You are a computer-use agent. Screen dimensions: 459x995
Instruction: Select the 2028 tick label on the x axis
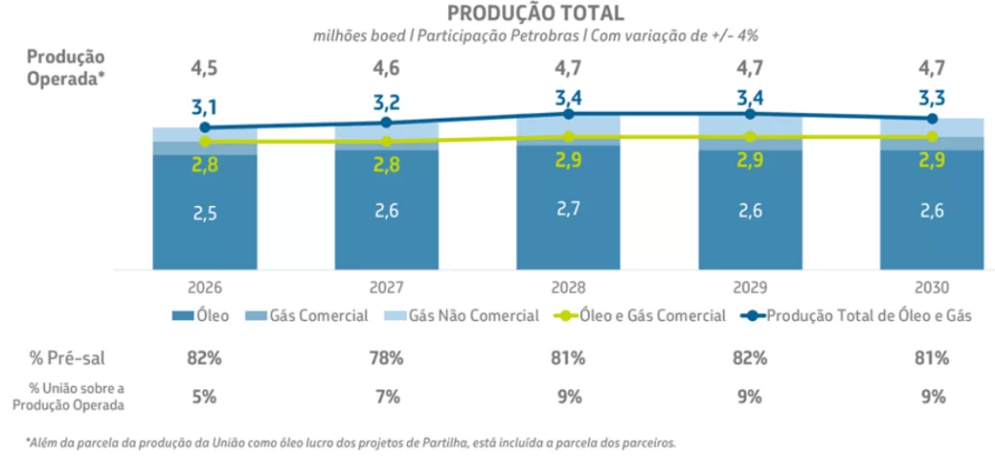567,289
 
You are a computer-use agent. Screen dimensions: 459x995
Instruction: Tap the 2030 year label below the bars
931,289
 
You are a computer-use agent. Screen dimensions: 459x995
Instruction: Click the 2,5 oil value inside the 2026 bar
204,214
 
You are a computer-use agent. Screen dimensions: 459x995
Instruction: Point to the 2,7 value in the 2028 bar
567,209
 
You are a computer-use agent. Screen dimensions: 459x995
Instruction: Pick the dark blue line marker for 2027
386,123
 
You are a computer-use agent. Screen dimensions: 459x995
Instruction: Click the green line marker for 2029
749,137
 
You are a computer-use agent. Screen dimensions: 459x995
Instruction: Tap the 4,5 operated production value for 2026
204,69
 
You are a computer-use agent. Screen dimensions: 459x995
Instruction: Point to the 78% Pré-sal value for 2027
386,357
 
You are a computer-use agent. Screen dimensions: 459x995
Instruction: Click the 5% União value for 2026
204,396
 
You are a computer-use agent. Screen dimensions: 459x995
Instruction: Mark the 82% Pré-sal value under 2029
749,357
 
